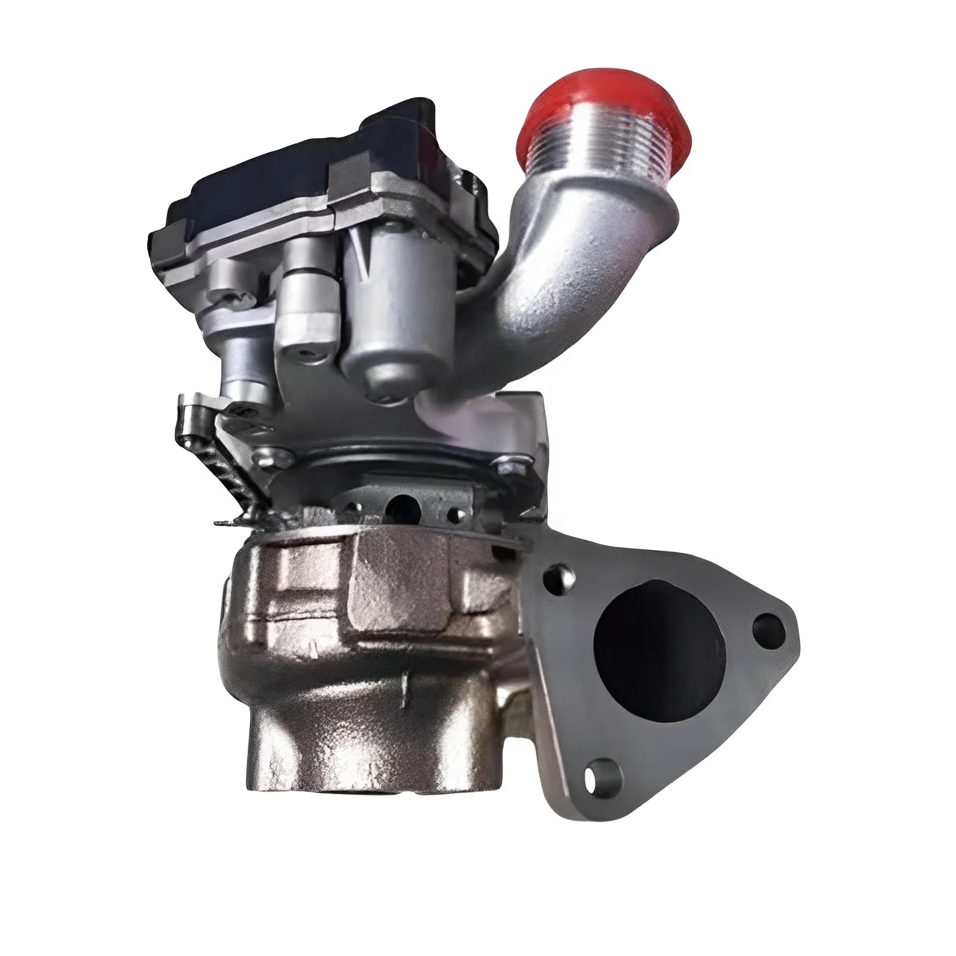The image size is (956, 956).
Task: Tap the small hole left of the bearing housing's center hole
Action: click(x=358, y=507)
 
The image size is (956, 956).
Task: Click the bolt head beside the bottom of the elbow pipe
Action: click(x=506, y=467)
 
